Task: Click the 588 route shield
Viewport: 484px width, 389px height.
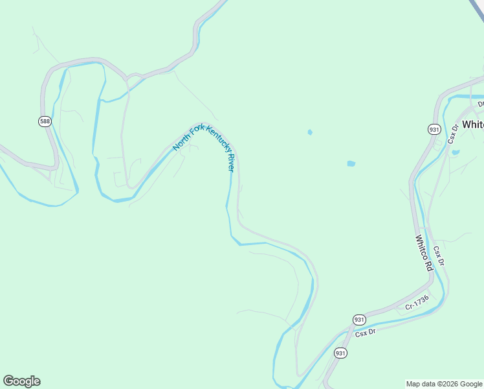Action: [x=44, y=121]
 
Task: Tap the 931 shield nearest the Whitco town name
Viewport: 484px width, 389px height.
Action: [x=434, y=129]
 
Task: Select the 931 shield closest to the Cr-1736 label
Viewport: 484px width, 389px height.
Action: [x=360, y=320]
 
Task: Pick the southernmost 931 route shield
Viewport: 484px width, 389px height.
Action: [x=341, y=353]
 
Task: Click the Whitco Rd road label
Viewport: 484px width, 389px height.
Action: [x=424, y=252]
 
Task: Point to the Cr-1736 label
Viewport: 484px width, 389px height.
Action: [x=417, y=303]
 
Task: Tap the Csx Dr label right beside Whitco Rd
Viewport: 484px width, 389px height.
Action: [x=439, y=255]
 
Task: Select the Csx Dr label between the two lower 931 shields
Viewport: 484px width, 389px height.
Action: [x=365, y=333]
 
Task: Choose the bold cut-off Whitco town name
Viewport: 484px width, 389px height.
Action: [x=473, y=124]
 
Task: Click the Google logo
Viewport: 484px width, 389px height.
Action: [x=21, y=381]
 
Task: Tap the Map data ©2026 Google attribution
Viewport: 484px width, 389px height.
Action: [x=445, y=384]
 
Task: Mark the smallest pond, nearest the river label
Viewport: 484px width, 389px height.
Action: [x=310, y=132]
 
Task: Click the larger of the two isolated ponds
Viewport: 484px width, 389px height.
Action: [x=351, y=163]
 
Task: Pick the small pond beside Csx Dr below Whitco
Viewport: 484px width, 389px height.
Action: [x=456, y=153]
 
